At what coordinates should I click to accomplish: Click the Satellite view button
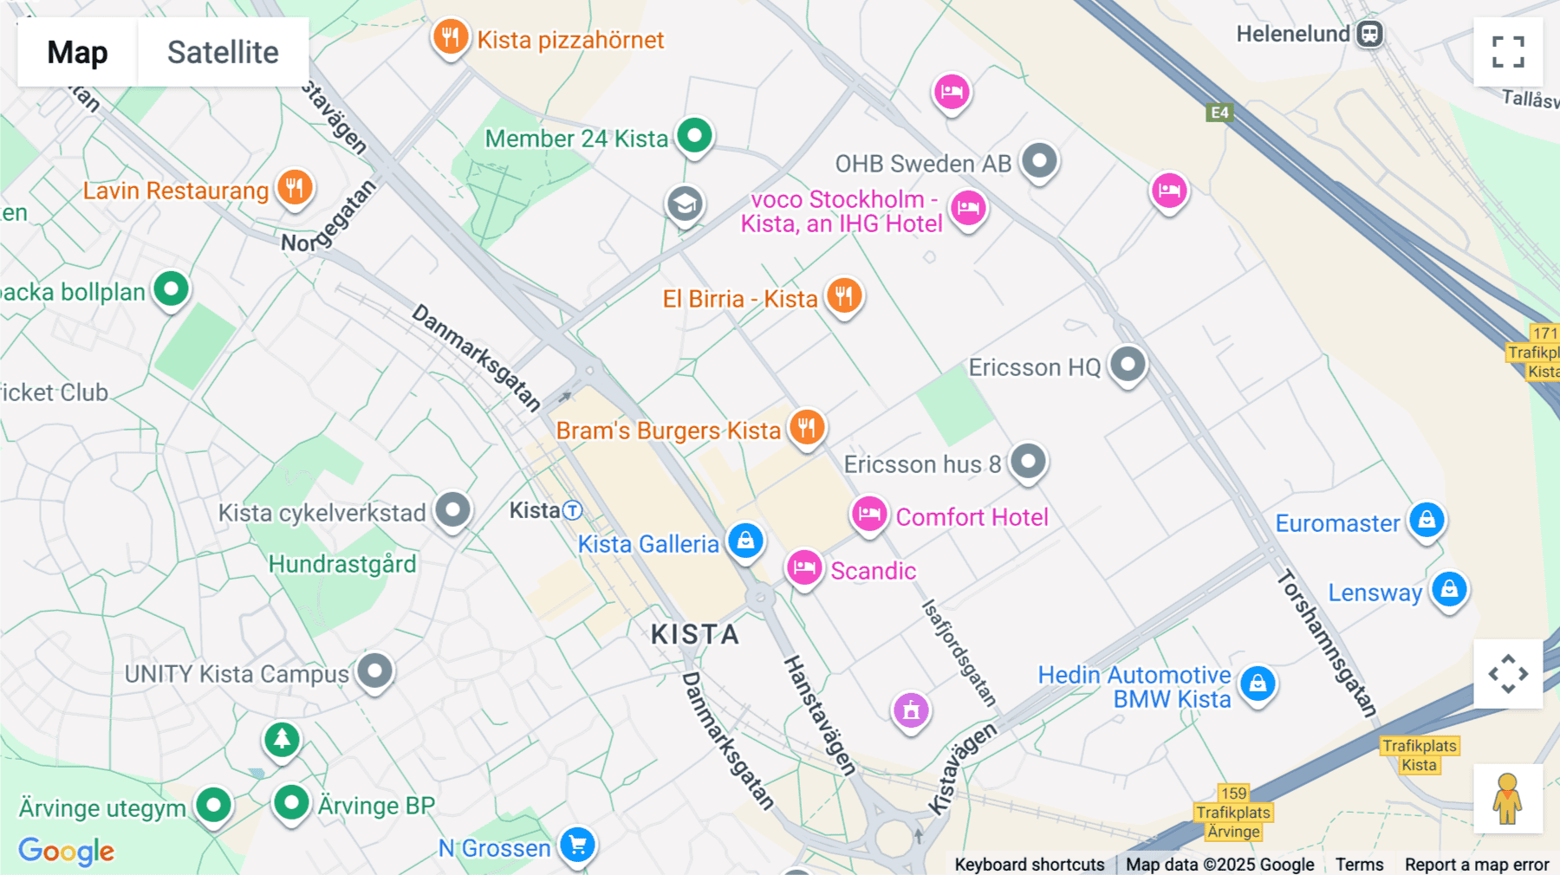(x=223, y=52)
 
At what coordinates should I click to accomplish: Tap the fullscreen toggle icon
(x=1508, y=52)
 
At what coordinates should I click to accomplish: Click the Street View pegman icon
(x=1507, y=799)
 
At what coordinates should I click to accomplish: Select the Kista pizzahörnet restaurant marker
(x=450, y=37)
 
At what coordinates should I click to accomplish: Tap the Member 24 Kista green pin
(x=694, y=135)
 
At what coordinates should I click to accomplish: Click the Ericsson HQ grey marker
(x=1128, y=365)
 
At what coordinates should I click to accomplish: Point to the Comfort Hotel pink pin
(x=868, y=515)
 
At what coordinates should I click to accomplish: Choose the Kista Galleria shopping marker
(x=745, y=541)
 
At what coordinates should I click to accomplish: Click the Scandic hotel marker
(x=803, y=568)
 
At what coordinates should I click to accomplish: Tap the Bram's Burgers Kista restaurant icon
(x=807, y=427)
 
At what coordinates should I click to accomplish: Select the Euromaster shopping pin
(x=1427, y=520)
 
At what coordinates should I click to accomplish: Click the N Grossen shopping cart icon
(x=577, y=844)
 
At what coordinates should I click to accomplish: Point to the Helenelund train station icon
(x=1369, y=35)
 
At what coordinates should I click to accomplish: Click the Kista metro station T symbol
(x=572, y=510)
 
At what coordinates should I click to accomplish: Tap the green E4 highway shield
(x=1219, y=113)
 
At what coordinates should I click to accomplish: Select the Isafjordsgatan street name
(x=959, y=651)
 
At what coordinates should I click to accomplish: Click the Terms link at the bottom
(x=1359, y=865)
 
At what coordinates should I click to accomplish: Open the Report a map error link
(x=1477, y=865)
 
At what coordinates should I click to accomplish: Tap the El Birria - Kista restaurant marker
(x=843, y=295)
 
